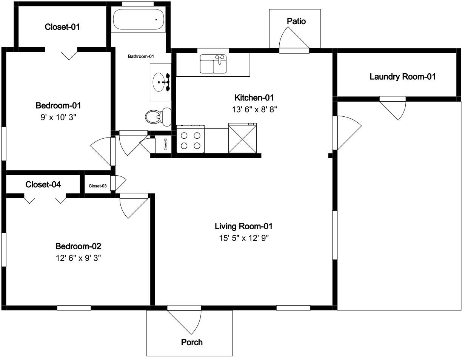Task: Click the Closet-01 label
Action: tap(62, 27)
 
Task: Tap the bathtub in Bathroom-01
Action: tap(139, 19)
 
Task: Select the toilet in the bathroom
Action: tap(159, 117)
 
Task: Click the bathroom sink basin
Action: tap(159, 82)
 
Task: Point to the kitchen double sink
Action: tap(213, 64)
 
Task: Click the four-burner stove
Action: tap(191, 139)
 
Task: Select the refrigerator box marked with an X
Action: tap(242, 138)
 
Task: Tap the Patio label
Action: tap(296, 21)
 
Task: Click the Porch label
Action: tap(192, 342)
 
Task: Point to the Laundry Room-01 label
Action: tap(402, 77)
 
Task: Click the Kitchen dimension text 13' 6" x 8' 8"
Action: tap(254, 110)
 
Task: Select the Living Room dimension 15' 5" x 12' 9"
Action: tap(244, 238)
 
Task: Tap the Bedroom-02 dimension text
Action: tap(79, 258)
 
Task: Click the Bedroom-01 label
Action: tap(58, 105)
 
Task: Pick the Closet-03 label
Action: tap(98, 186)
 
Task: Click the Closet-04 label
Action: tap(43, 184)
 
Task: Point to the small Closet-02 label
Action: tap(165, 144)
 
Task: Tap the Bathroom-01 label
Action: tap(141, 56)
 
